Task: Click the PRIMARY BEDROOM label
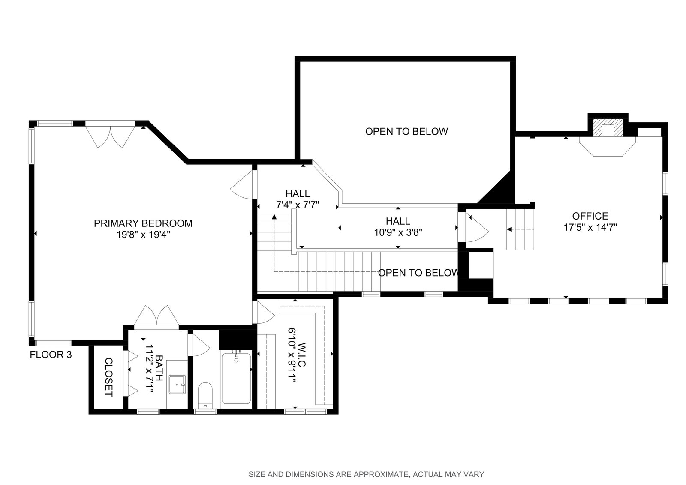click(x=143, y=223)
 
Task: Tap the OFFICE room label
click(x=590, y=216)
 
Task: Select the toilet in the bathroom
click(x=205, y=395)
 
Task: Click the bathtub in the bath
click(x=236, y=378)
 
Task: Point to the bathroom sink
click(x=177, y=384)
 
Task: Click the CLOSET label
click(x=109, y=377)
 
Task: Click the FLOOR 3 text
click(x=51, y=355)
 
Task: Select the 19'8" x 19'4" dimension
click(x=143, y=235)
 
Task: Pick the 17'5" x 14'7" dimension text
click(x=590, y=227)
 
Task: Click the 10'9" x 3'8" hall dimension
click(x=398, y=232)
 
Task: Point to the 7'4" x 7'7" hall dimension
click(x=298, y=205)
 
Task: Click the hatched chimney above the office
click(x=608, y=127)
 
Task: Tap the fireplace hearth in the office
click(x=607, y=147)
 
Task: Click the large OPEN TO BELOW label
click(x=406, y=132)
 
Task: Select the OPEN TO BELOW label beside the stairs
click(x=418, y=273)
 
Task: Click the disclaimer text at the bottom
click(x=366, y=474)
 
